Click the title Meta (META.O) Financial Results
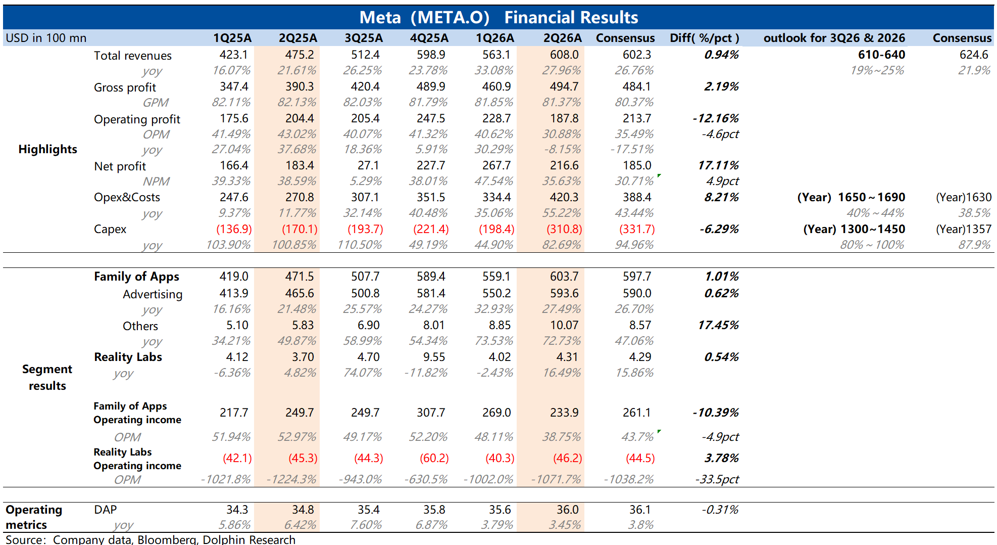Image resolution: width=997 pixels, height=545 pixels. pyautogui.click(x=498, y=18)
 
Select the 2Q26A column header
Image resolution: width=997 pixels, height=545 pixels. pyautogui.click(x=562, y=38)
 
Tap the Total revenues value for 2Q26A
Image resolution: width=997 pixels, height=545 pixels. pyautogui.click(x=564, y=55)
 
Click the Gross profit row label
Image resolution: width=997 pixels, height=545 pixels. pyautogui.click(x=125, y=87)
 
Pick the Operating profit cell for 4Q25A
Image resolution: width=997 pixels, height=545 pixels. pyautogui.click(x=431, y=118)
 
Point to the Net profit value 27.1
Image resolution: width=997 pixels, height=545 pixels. pyautogui.click(x=368, y=165)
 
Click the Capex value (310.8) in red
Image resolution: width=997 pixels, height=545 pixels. pyautogui.click(x=564, y=229)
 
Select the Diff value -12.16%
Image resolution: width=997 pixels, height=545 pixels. pyautogui.click(x=715, y=118)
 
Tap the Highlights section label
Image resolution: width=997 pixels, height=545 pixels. pyautogui.click(x=47, y=149)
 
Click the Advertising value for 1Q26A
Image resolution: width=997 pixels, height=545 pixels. pyautogui.click(x=496, y=293)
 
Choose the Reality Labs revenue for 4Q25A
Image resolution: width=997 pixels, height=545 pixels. pyautogui.click(x=434, y=357)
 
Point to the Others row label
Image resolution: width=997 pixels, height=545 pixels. pyautogui.click(x=140, y=326)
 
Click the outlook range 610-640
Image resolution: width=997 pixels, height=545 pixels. pyautogui.click(x=881, y=55)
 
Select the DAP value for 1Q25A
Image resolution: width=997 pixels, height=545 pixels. pyautogui.click(x=237, y=510)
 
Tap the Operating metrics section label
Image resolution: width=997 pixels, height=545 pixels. pyautogui.click(x=33, y=517)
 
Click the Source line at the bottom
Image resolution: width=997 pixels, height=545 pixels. pyautogui.click(x=150, y=539)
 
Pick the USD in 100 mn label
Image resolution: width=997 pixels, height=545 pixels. pyautogui.click(x=46, y=38)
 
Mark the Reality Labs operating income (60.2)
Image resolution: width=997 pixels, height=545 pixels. pyautogui.click(x=434, y=458)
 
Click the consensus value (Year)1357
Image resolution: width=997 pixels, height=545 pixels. pyautogui.click(x=964, y=229)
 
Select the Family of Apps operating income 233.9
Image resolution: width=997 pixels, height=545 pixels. pyautogui.click(x=564, y=413)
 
